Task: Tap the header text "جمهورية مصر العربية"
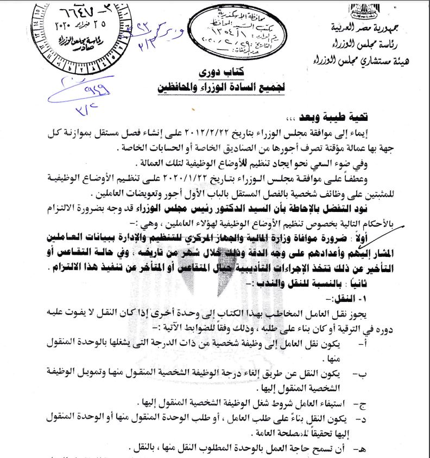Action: point(375,27)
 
